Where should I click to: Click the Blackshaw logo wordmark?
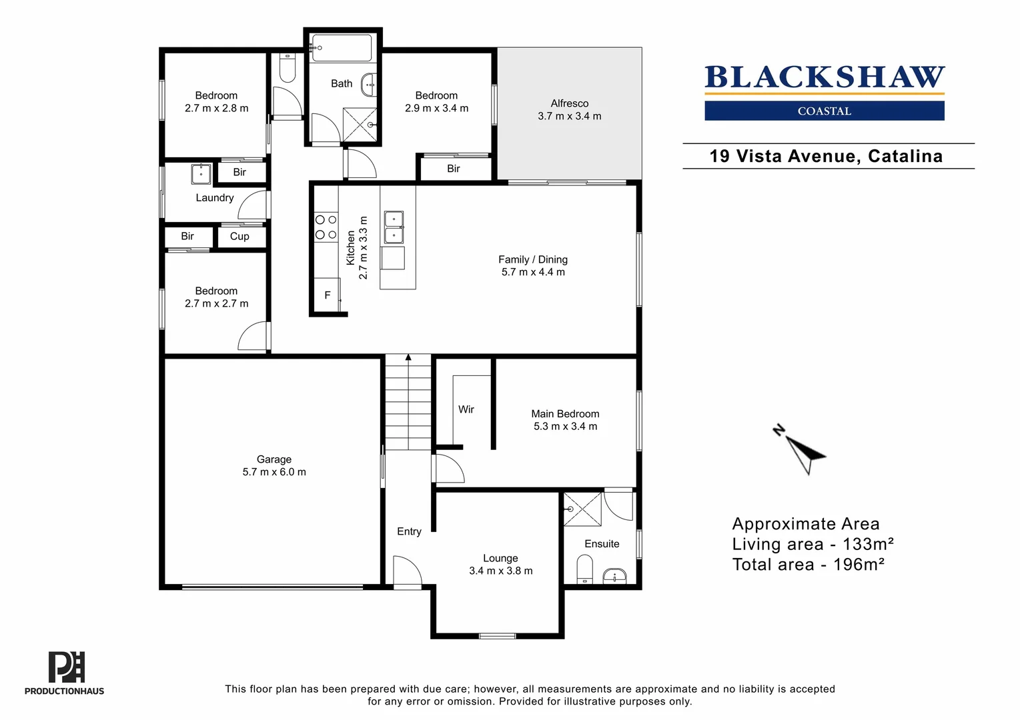[x=825, y=77]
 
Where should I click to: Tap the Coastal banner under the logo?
[x=824, y=111]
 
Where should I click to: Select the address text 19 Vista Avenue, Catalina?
[x=826, y=156]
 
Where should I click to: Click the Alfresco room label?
[x=569, y=103]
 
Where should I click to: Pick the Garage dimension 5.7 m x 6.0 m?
[x=274, y=472]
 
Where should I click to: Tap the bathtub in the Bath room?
[x=342, y=47]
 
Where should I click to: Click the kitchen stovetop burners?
[x=326, y=227]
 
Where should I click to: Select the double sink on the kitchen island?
[x=394, y=227]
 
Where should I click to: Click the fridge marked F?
[x=327, y=295]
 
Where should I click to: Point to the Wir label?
[x=466, y=409]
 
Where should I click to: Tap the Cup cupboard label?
[x=239, y=236]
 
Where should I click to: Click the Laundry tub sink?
[x=201, y=174]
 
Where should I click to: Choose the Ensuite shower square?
[x=582, y=509]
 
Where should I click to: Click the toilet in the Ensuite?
[x=584, y=569]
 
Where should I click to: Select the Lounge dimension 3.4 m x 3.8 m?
[x=501, y=571]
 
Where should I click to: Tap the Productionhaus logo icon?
[x=67, y=667]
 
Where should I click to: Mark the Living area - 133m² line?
[x=813, y=544]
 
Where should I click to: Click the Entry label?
[x=409, y=531]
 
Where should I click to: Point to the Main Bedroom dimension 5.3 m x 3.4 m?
[x=566, y=427]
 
